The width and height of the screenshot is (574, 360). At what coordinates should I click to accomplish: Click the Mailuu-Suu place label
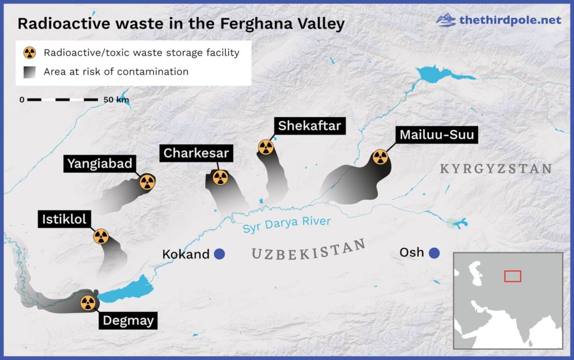(437, 135)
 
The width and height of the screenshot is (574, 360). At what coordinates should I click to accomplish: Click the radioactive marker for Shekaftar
(266, 147)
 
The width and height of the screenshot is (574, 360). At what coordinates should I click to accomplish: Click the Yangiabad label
(100, 163)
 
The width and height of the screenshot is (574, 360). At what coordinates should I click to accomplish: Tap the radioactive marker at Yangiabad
(147, 182)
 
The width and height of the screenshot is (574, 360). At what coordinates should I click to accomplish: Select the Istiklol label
(64, 219)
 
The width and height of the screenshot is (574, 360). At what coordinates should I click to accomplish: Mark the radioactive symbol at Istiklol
(101, 237)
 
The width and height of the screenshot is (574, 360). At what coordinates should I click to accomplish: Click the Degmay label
(127, 321)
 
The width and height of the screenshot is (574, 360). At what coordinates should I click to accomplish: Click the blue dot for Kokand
(219, 254)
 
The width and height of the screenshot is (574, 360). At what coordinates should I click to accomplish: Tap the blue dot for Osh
(434, 253)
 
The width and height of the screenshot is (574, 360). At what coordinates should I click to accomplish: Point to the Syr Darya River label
(286, 224)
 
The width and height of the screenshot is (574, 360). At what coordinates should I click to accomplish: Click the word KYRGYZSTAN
(496, 168)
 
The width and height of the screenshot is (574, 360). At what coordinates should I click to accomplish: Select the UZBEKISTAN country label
(308, 249)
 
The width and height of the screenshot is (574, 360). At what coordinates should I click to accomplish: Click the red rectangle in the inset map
(512, 276)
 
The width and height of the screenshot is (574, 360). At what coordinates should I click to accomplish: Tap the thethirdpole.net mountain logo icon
(446, 20)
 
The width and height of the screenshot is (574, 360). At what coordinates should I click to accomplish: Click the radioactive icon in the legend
(29, 53)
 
